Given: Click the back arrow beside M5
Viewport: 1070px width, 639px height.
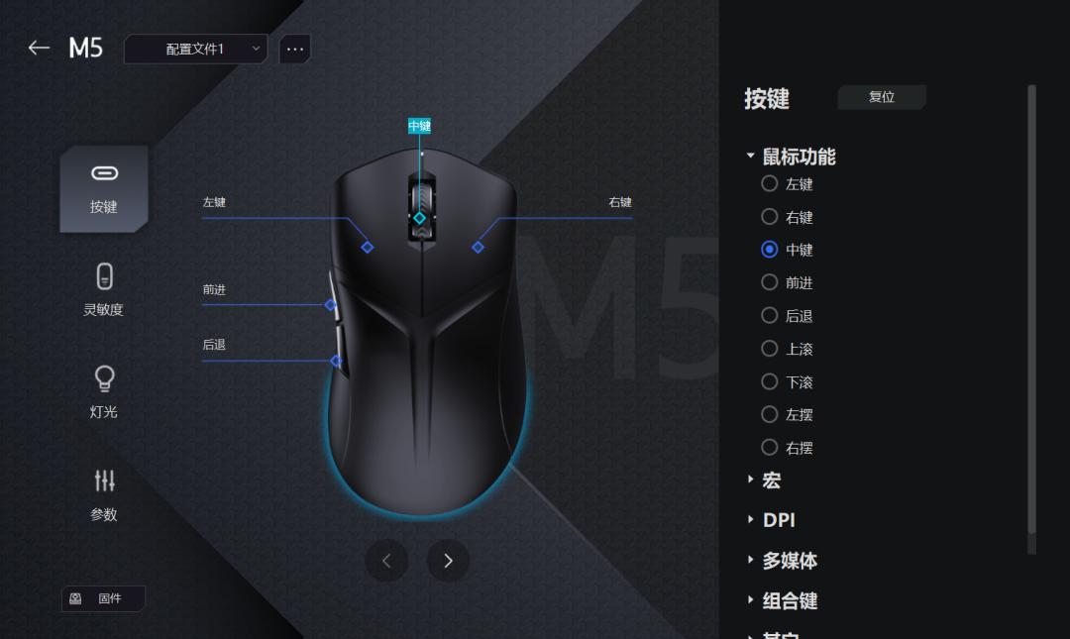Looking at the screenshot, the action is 39,48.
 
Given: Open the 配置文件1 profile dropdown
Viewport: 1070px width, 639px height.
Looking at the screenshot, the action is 195,49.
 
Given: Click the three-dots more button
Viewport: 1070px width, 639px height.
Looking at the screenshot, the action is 295,49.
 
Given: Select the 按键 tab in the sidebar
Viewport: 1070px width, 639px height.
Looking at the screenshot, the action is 104,188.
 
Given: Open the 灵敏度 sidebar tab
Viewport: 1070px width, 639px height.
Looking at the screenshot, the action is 104,289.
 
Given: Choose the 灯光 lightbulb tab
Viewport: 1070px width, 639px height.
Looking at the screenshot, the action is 104,391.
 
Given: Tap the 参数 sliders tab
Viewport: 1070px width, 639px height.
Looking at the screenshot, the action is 104,493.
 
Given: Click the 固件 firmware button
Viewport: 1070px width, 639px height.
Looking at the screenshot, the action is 103,598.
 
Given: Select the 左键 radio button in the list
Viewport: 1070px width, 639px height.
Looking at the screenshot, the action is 770,183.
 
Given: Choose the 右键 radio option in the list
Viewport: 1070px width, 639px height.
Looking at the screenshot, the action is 770,216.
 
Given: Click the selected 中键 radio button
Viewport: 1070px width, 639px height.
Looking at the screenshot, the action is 770,250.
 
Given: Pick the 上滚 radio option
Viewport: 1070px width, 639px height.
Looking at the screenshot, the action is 770,349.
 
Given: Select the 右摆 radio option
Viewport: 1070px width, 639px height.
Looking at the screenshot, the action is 770,447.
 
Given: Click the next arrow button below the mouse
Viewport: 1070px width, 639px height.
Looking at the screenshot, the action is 448,561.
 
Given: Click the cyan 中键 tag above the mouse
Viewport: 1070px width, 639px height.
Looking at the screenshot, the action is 419,126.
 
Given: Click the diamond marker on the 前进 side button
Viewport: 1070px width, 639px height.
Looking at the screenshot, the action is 331,305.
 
